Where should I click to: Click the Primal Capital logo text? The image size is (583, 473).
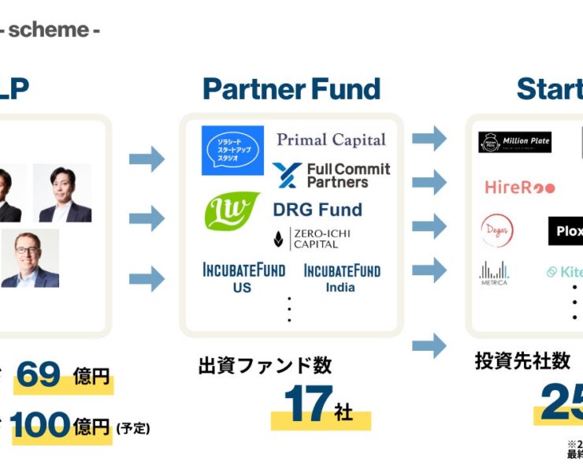pyautogui.click(x=331, y=140)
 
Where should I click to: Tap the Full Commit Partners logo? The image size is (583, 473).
pyautogui.click(x=331, y=175)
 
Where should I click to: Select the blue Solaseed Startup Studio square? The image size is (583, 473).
pyautogui.click(x=232, y=151)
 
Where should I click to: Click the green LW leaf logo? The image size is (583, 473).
pyautogui.click(x=232, y=210)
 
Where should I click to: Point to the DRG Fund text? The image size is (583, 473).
pyautogui.click(x=317, y=210)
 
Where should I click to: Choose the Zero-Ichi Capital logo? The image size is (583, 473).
pyautogui.click(x=312, y=238)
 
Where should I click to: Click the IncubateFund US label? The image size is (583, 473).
pyautogui.click(x=243, y=277)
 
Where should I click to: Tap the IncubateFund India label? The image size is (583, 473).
pyautogui.click(x=341, y=277)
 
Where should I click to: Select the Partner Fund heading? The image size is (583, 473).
pyautogui.click(x=291, y=89)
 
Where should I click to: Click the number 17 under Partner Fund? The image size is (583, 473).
pyautogui.click(x=306, y=405)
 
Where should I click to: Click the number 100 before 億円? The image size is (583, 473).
pyautogui.click(x=40, y=426)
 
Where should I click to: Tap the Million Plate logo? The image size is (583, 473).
pyautogui.click(x=514, y=143)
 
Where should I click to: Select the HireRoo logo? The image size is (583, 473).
pyautogui.click(x=520, y=188)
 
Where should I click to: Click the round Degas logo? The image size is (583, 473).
pyautogui.click(x=497, y=230)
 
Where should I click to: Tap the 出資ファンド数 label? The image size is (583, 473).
pyautogui.click(x=265, y=365)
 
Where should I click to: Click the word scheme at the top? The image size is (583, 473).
pyautogui.click(x=48, y=30)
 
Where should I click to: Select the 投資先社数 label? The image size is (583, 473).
pyautogui.click(x=522, y=361)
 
